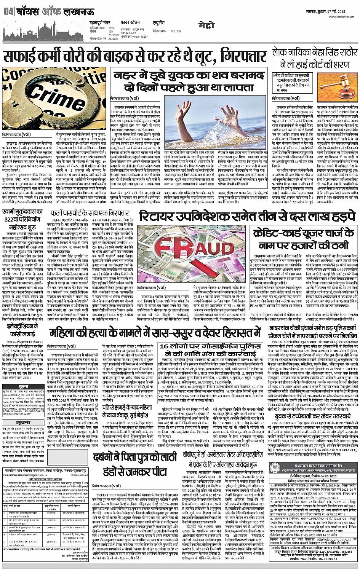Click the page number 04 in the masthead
click(x=8, y=12)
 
